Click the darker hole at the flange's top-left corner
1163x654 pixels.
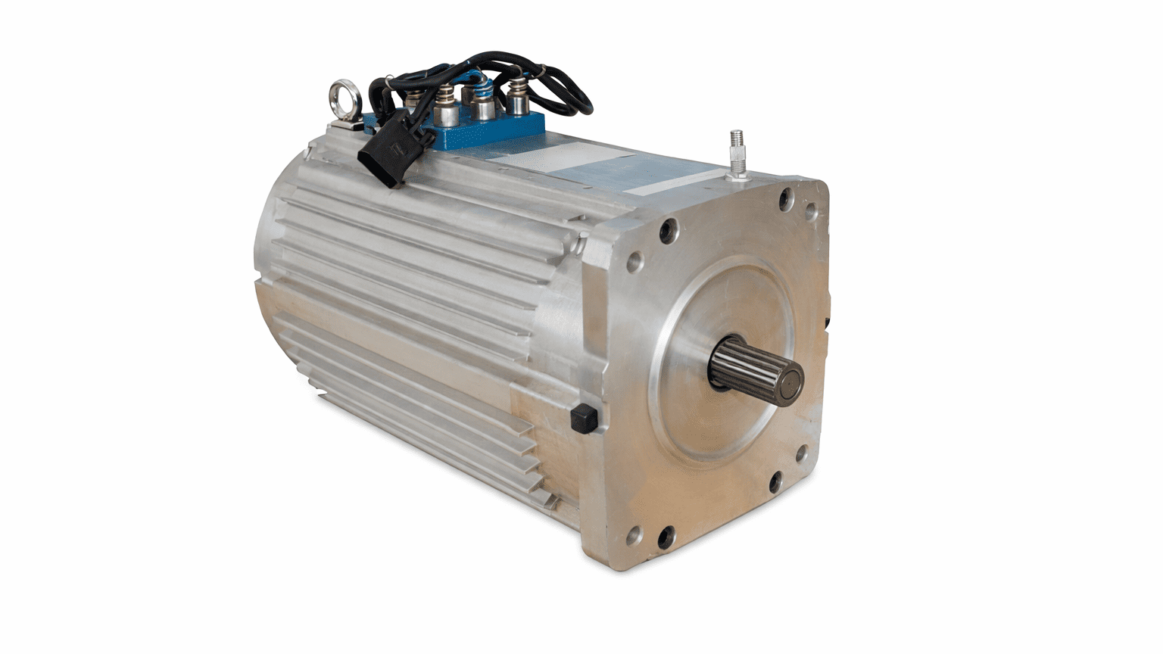pyautogui.click(x=667, y=230)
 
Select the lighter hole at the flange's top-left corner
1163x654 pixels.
pyautogui.click(x=635, y=262)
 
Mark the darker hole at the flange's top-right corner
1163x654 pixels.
pyautogui.click(x=787, y=199)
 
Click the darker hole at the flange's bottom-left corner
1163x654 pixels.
pyautogui.click(x=666, y=537)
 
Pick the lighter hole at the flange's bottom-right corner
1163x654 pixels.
pyautogui.click(x=801, y=456)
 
